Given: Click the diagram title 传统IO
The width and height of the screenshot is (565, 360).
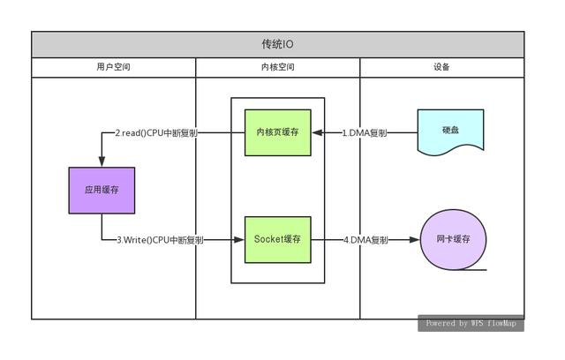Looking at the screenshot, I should [278, 44].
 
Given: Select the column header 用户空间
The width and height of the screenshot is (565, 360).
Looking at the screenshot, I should [113, 67].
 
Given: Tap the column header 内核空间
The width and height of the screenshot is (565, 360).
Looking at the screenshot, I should [278, 67].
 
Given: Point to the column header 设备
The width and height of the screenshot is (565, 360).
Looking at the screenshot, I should [442, 67].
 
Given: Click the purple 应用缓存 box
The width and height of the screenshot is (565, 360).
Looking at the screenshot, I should [102, 190].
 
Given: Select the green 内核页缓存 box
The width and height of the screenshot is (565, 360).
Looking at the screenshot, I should [277, 132].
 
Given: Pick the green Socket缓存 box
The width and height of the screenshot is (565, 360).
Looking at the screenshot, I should [277, 239].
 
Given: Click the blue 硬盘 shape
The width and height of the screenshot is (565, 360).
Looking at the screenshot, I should [450, 131].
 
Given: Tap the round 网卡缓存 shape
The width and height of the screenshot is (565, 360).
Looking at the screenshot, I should [454, 239].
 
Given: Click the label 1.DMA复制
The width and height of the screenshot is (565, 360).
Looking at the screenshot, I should [363, 133].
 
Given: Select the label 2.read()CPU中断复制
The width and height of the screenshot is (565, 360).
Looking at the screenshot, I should [156, 133].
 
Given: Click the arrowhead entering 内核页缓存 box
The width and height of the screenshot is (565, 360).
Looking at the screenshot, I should [317, 133].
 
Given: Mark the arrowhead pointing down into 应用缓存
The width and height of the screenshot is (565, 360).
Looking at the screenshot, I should [102, 162].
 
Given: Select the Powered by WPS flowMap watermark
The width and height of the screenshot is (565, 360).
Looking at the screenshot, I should [471, 323].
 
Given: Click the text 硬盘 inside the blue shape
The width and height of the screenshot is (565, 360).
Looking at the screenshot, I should [450, 130].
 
